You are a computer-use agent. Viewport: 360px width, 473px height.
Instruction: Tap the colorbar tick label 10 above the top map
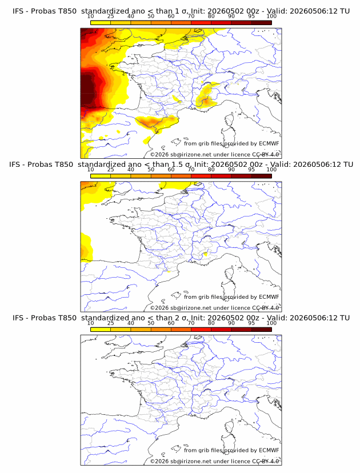click(x=90, y=17)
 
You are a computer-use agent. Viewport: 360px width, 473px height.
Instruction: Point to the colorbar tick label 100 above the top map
click(x=271, y=17)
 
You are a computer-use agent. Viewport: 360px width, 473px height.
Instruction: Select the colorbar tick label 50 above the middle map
click(x=151, y=170)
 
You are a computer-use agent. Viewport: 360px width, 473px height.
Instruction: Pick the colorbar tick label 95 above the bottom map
click(x=251, y=323)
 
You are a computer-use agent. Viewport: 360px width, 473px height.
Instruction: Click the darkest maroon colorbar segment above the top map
click(x=262, y=23)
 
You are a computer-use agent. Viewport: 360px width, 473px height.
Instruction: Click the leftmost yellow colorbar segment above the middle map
click(x=101, y=176)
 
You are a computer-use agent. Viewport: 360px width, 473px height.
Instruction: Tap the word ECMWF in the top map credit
click(x=269, y=143)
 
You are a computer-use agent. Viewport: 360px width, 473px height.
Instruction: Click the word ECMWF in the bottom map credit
click(x=269, y=450)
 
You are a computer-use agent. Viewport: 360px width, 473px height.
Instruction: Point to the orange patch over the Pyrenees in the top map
click(x=152, y=122)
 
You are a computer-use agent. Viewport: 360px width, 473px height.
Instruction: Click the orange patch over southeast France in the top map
click(x=206, y=101)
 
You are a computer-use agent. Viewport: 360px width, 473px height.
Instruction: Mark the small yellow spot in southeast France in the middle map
click(x=206, y=254)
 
